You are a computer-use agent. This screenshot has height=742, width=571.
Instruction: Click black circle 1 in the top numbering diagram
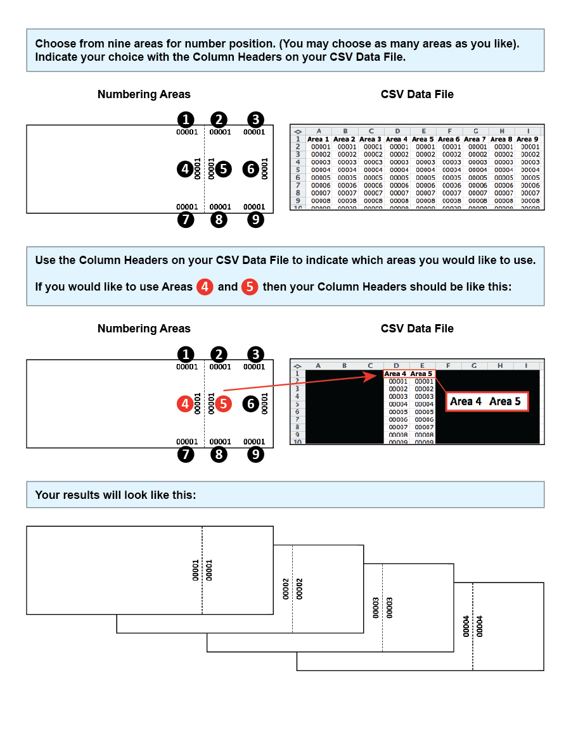pyautogui.click(x=185, y=119)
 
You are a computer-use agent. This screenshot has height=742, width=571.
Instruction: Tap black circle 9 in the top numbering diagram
pyautogui.click(x=255, y=220)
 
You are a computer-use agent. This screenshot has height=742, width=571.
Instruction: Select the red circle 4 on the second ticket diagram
pyautogui.click(x=185, y=404)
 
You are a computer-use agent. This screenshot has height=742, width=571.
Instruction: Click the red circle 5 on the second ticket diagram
pyautogui.click(x=223, y=404)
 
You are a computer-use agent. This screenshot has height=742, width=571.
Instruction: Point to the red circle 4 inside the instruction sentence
pyautogui.click(x=204, y=287)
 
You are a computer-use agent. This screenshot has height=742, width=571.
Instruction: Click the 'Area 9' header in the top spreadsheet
pyautogui.click(x=527, y=139)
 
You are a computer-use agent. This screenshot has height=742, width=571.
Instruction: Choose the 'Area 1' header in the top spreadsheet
pyautogui.click(x=318, y=139)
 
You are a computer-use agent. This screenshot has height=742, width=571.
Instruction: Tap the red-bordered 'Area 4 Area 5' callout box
pyautogui.click(x=487, y=401)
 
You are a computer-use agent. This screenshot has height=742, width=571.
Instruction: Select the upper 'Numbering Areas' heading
pyautogui.click(x=144, y=94)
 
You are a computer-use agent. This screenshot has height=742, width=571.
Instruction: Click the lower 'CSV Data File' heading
pyautogui.click(x=417, y=329)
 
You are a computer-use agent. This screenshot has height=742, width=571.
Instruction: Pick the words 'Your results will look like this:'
pyautogui.click(x=115, y=494)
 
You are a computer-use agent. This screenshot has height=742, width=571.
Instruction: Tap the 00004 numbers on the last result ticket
pyautogui.click(x=473, y=626)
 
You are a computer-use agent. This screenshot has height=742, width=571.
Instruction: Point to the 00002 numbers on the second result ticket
pyautogui.click(x=293, y=588)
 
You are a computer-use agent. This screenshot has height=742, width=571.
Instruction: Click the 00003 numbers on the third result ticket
pyautogui.click(x=383, y=607)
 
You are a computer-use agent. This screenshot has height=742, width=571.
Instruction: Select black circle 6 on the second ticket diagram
pyautogui.click(x=251, y=404)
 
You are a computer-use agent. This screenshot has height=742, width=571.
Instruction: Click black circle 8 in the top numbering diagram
pyautogui.click(x=219, y=220)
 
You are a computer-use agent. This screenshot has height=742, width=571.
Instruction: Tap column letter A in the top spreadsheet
pyautogui.click(x=318, y=130)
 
